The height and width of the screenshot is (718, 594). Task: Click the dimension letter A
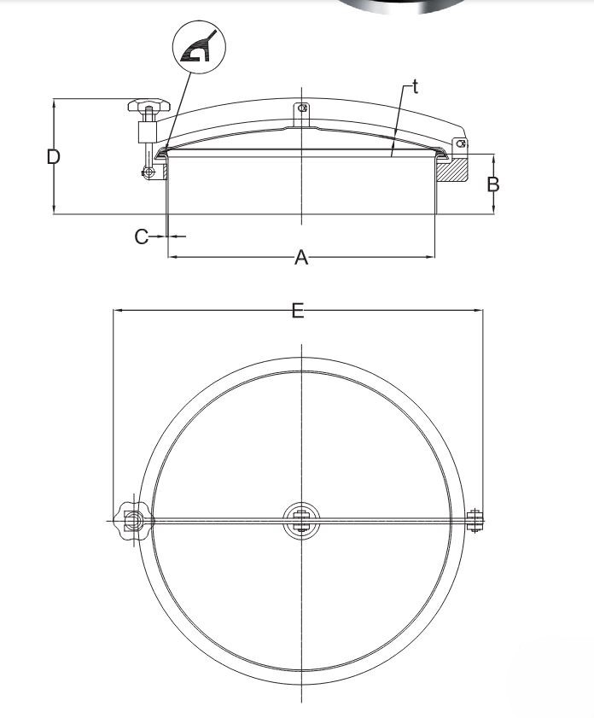[300, 258]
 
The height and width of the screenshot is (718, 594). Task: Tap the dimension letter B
[493, 184]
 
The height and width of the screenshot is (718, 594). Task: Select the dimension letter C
[142, 236]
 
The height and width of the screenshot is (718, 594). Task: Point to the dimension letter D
[54, 157]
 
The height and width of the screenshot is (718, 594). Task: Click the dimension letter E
[298, 311]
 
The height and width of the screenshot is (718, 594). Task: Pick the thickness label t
[415, 86]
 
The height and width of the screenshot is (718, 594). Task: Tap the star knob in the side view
[148, 105]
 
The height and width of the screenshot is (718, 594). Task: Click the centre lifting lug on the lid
[301, 114]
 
